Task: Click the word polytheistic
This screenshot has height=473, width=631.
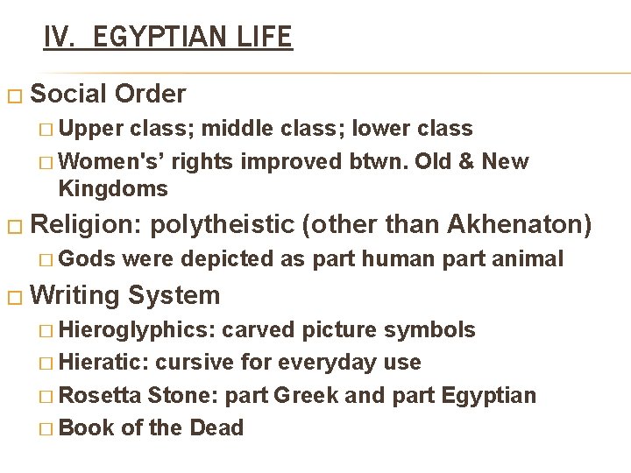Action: pyautogui.click(x=223, y=225)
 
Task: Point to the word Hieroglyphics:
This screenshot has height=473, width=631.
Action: pyautogui.click(x=136, y=330)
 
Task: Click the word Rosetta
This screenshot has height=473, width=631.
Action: pyautogui.click(x=99, y=395)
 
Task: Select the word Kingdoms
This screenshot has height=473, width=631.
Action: pyautogui.click(x=112, y=188)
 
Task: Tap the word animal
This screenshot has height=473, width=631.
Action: pyautogui.click(x=528, y=258)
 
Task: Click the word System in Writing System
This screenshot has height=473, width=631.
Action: pyautogui.click(x=174, y=295)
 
